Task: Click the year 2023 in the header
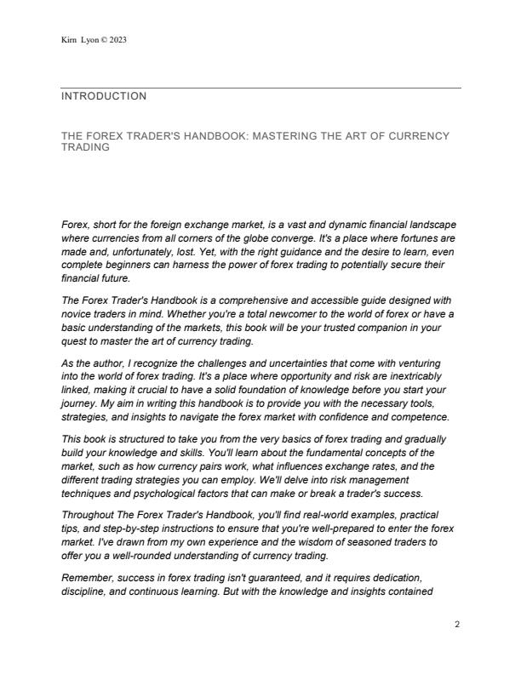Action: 118,40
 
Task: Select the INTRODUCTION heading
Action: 104,97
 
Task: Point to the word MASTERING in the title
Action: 284,136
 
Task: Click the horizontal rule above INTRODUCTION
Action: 260,88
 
